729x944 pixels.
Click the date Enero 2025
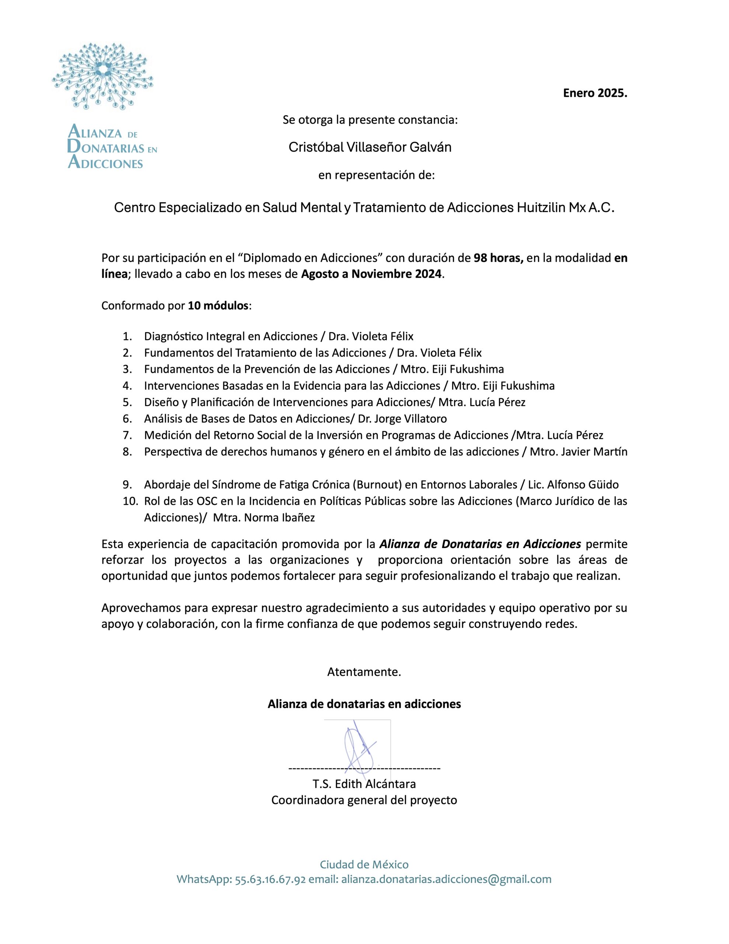point(594,93)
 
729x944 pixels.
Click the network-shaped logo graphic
point(102,76)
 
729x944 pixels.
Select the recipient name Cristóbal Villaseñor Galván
point(370,147)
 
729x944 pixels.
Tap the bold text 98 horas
point(498,258)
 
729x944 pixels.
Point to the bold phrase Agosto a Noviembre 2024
point(372,274)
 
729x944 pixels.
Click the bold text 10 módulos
point(218,306)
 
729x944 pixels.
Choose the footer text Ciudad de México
point(364,864)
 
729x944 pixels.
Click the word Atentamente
point(364,672)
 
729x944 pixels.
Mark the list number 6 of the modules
point(127,419)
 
